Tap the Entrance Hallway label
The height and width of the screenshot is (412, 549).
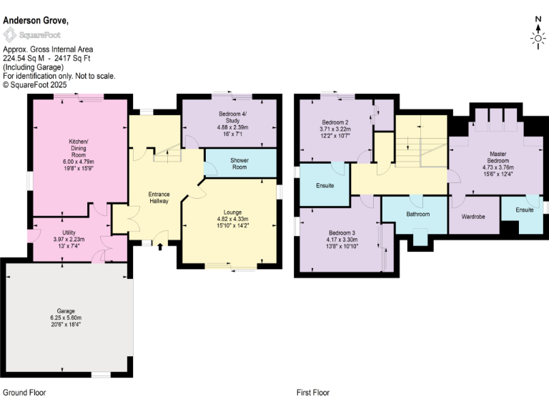coord(158,198)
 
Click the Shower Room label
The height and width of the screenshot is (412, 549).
coord(239,163)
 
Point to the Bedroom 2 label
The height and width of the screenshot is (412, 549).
coord(335,122)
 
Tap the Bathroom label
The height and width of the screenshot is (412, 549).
coord(417,214)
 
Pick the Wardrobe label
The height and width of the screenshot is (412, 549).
coord(473,216)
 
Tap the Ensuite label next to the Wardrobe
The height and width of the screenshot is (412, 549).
coord(525,210)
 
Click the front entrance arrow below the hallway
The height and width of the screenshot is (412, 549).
coord(159,247)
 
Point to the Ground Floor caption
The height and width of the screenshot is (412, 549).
coord(24,393)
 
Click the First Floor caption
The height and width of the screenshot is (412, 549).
coord(313,393)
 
